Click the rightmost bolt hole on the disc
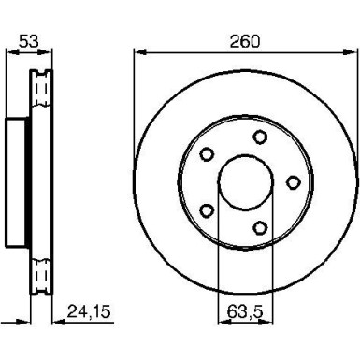[293, 181]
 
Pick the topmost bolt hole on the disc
[257, 137]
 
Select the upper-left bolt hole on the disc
[208, 154]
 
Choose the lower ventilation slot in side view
[40, 275]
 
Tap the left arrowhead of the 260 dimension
[137, 52]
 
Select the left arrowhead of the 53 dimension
[9, 52]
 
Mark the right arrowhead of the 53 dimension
[49, 52]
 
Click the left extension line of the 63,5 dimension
[218, 271]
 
